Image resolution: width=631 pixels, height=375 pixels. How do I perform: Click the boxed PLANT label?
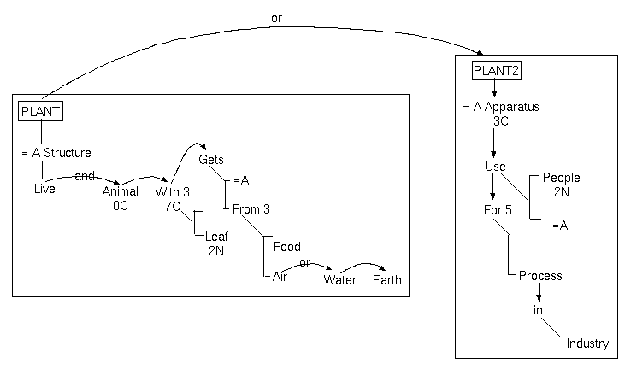[x=41, y=110]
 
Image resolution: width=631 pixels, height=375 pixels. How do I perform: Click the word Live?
[x=44, y=189]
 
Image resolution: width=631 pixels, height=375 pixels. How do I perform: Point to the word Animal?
[x=120, y=191]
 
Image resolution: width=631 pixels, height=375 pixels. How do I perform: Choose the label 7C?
[x=174, y=205]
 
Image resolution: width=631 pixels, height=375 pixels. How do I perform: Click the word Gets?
[x=211, y=160]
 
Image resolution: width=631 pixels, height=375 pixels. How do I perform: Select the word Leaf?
[x=215, y=237]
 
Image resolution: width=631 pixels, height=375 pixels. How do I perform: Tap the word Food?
[x=287, y=248]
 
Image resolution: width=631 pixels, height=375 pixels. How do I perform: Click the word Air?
[x=280, y=277]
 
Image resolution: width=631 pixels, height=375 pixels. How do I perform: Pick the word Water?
[x=339, y=280]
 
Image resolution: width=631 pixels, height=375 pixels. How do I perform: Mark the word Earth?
[x=386, y=280]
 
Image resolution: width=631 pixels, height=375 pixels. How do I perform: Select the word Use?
[x=495, y=167]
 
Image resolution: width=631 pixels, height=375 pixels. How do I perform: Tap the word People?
[x=561, y=178]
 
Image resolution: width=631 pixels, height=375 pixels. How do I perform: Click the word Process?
[x=540, y=276]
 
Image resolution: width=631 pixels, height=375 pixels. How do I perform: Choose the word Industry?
[x=587, y=343]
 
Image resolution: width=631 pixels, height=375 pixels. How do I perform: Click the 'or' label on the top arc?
[x=275, y=18]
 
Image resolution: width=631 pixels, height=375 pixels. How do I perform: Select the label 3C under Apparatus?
[x=501, y=121]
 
